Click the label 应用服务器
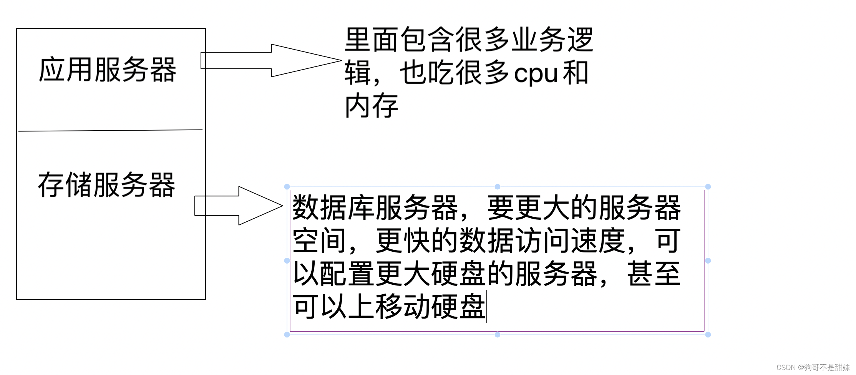pos(107,70)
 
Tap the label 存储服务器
pos(106,185)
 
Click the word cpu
pos(536,73)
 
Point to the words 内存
pos(371,106)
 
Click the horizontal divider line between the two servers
pos(110,131)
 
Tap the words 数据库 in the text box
pos(333,208)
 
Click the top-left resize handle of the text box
pos(287,187)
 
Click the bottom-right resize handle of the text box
pos(708,335)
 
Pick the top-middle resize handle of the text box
pos(498,187)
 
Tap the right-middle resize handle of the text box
pos(708,261)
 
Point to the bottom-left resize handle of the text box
pos(287,335)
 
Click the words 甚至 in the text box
pos(654,274)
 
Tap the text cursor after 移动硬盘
pos(487,307)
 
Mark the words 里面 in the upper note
pos(371,40)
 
